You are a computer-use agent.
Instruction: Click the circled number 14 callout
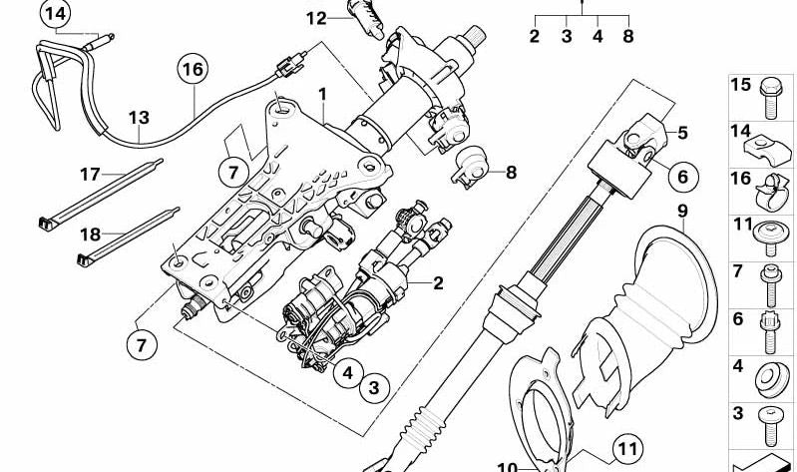click(x=55, y=14)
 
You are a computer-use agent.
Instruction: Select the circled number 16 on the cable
click(x=193, y=70)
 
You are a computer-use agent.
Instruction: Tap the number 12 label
click(x=316, y=19)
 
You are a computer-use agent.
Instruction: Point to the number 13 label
click(x=139, y=118)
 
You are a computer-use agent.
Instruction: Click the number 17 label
click(x=91, y=175)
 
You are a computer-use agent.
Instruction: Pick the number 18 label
click(x=91, y=235)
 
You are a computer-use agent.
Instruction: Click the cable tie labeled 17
click(x=101, y=193)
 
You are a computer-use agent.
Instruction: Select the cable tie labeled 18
click(x=129, y=237)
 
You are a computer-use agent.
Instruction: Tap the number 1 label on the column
click(x=322, y=95)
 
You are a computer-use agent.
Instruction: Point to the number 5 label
click(x=682, y=133)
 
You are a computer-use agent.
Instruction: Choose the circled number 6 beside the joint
click(x=682, y=177)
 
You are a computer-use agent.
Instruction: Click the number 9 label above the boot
click(x=682, y=212)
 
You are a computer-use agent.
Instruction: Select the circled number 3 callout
click(x=374, y=388)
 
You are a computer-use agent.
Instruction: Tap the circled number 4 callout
click(x=348, y=373)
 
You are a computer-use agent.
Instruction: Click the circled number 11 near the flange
click(x=627, y=449)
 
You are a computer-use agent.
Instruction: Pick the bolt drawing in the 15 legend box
click(x=771, y=98)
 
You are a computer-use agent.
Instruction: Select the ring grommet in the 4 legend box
click(x=771, y=380)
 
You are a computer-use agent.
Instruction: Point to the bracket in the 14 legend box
click(x=768, y=150)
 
